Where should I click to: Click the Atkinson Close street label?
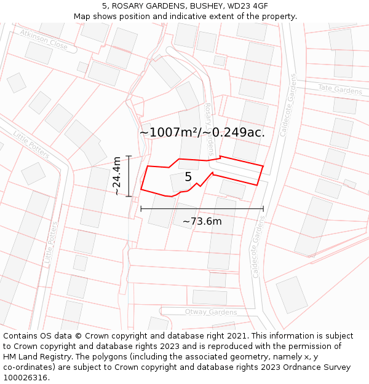coord(44,39)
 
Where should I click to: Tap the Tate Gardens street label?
coord(340,90)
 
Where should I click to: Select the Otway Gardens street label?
coord(211,312)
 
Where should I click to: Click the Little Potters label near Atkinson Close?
coord(31,144)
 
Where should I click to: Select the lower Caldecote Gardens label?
coord(258,249)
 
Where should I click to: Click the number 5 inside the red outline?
coord(188,177)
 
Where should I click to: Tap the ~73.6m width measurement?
coord(202,221)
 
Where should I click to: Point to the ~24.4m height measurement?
coord(117,176)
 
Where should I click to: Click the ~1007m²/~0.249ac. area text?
coord(202,132)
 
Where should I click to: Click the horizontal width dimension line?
coord(202,209)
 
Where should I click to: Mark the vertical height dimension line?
coord(129,176)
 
